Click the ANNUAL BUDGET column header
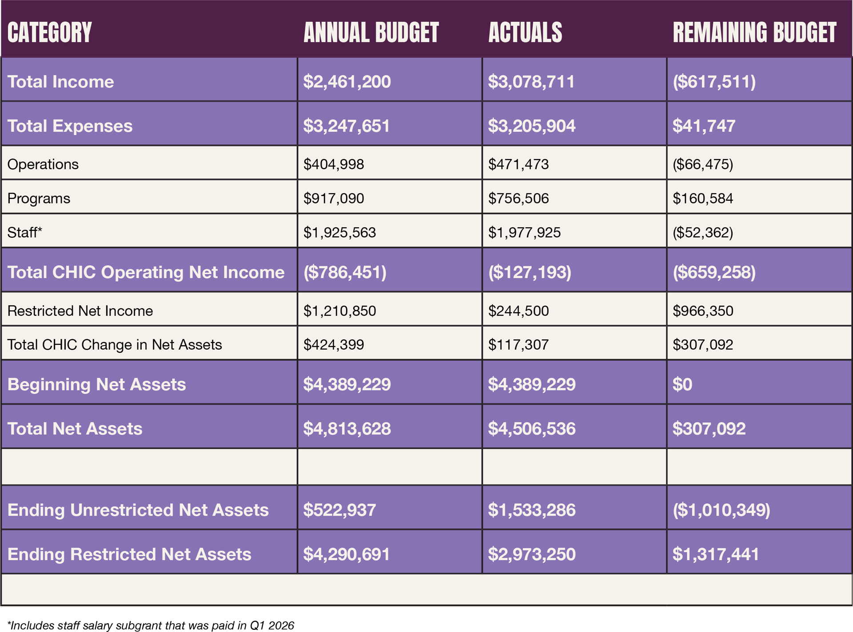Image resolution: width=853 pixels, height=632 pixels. click(x=371, y=32)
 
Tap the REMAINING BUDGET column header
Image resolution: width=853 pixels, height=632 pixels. click(x=754, y=32)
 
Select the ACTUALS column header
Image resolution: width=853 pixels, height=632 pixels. click(x=525, y=32)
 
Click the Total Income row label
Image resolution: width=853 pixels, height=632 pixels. click(x=61, y=82)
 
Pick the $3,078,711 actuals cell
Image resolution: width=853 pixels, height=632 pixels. click(x=531, y=82)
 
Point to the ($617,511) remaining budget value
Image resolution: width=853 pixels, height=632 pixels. click(x=714, y=82)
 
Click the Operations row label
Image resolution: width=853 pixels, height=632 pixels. click(x=43, y=164)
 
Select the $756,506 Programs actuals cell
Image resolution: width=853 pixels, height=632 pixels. click(x=518, y=198)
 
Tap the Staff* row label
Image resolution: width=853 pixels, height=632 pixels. click(x=25, y=232)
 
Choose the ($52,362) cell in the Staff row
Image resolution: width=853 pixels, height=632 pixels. click(x=703, y=232)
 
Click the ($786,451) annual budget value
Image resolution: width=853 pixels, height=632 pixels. click(x=345, y=272)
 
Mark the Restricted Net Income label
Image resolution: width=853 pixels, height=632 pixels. click(x=80, y=311)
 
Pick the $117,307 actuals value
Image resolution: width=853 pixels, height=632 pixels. click(x=518, y=345)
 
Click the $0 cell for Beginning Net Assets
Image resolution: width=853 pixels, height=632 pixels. click(x=682, y=385)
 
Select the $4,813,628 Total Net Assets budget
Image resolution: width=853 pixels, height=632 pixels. click(x=347, y=429)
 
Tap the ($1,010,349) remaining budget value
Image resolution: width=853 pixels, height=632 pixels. click(x=721, y=510)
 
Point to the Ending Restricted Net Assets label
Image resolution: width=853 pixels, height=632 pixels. click(x=129, y=554)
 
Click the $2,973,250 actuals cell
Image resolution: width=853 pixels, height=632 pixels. click(x=531, y=554)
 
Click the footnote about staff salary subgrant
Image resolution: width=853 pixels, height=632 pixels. click(x=151, y=625)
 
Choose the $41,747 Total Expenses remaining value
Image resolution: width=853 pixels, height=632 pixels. click(x=704, y=126)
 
